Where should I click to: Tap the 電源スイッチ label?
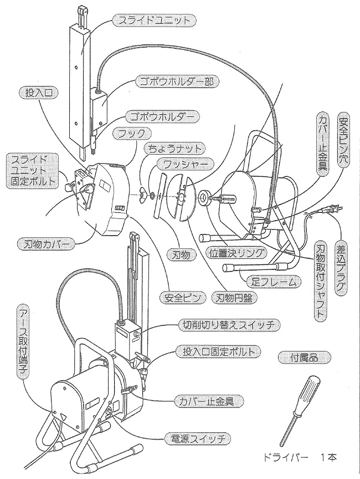[x=197, y=440]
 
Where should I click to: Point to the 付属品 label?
[x=304, y=358]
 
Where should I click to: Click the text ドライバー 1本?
[x=301, y=458]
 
